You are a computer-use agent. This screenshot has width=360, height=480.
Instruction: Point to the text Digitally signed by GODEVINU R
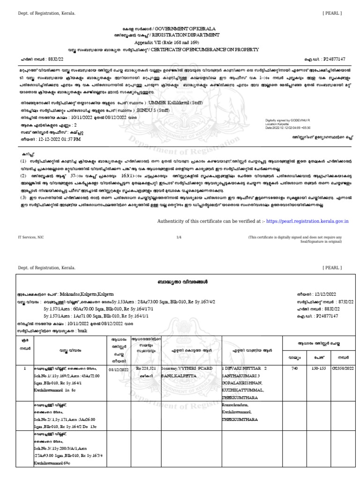(287, 120)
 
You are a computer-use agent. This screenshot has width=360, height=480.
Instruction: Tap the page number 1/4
(179, 238)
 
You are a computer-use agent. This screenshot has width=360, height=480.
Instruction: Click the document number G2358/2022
(343, 369)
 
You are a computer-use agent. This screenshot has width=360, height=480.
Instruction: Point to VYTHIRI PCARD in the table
(194, 369)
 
